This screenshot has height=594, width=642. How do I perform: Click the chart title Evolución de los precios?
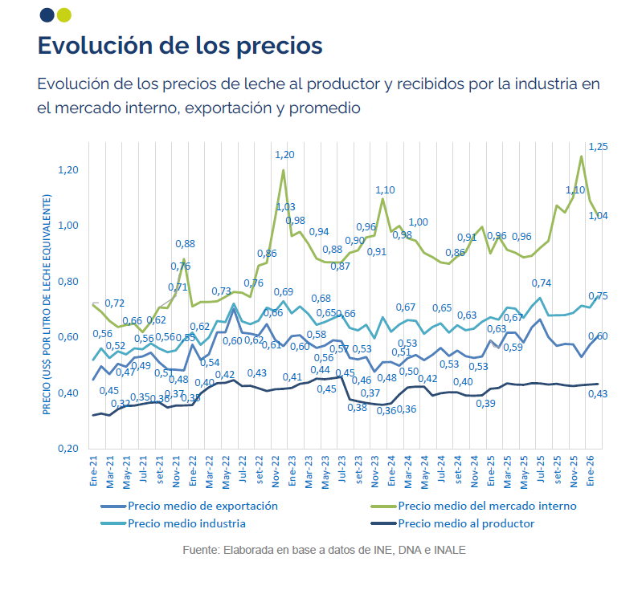coord(180,45)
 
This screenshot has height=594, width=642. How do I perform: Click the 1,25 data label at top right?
coord(599,147)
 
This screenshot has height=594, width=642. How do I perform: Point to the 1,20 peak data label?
coord(284,154)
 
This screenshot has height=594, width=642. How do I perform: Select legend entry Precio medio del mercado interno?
coord(487,506)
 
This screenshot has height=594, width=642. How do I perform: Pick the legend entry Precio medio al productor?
coord(466,523)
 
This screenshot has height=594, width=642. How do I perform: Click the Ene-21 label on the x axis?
coord(94,470)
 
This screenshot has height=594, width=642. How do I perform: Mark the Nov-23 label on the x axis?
coord(376,470)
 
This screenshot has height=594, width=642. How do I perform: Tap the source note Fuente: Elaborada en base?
coord(324,551)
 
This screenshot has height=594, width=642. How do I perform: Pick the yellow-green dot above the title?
coord(64,14)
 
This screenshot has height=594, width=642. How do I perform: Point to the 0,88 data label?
coord(185,244)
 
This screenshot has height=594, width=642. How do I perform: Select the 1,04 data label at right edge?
coord(599,215)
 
